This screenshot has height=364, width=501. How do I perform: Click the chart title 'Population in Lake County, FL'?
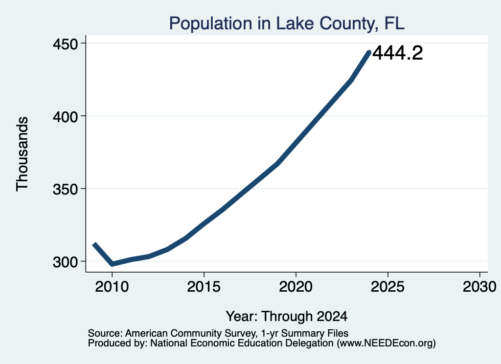click(287, 23)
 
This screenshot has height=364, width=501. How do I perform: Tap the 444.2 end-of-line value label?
click(398, 53)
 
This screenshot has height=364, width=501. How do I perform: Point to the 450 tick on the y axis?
click(65, 43)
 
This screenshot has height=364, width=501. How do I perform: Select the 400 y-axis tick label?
click(65, 116)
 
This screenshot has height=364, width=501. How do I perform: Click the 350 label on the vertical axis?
click(65, 189)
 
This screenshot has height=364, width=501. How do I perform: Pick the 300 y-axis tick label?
click(65, 262)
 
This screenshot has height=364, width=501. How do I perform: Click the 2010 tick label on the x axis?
click(112, 287)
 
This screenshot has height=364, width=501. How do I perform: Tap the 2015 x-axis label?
click(204, 287)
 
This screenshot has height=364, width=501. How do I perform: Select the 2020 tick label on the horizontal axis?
click(296, 287)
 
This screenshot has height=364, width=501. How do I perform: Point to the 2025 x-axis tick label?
click(388, 287)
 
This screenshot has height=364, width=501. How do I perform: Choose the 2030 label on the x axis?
click(479, 287)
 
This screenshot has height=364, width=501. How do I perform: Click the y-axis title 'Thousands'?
click(23, 154)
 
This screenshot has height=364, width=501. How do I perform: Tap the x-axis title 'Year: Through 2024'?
click(287, 317)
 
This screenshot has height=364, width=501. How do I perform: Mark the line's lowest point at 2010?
click(112, 264)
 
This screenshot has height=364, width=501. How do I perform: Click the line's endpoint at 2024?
click(369, 52)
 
